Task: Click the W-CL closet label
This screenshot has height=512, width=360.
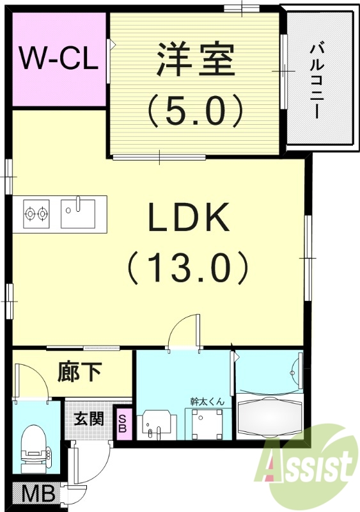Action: [58, 60]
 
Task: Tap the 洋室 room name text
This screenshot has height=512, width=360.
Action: [194, 60]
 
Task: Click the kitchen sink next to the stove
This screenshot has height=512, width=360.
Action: [78, 212]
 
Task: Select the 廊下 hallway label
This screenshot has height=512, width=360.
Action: [80, 371]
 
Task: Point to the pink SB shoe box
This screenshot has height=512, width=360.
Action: [123, 424]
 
